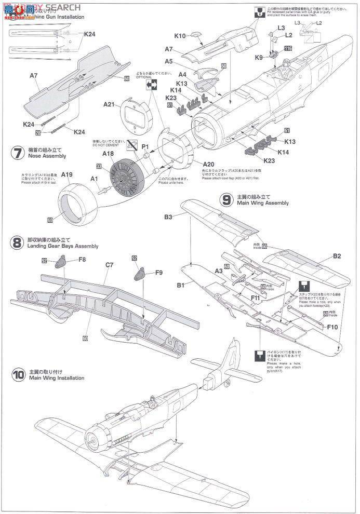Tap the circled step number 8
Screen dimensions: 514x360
pos(18,242)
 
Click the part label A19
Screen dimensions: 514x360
pos(67,175)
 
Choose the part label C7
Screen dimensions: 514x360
pos(109,265)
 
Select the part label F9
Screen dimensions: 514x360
pos(158,272)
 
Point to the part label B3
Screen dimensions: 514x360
pos(168,217)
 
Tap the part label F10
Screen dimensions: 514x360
pos(333,327)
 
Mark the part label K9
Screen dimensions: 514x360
pos(259,58)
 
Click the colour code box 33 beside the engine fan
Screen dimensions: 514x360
pos(98,167)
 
